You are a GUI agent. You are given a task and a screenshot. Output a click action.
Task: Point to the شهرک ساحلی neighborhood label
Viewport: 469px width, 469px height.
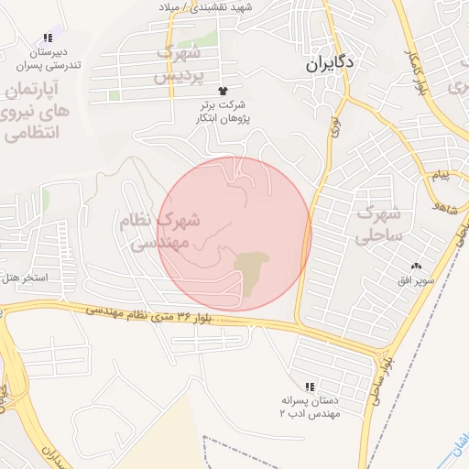[x=379, y=225]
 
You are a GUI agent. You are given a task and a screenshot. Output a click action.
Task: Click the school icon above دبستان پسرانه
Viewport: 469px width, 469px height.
[x=310, y=387]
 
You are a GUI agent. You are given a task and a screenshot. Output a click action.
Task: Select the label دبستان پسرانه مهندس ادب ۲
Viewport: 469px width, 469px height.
[x=311, y=408]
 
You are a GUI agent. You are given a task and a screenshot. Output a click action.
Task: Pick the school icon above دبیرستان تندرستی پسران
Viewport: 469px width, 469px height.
[x=48, y=38]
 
